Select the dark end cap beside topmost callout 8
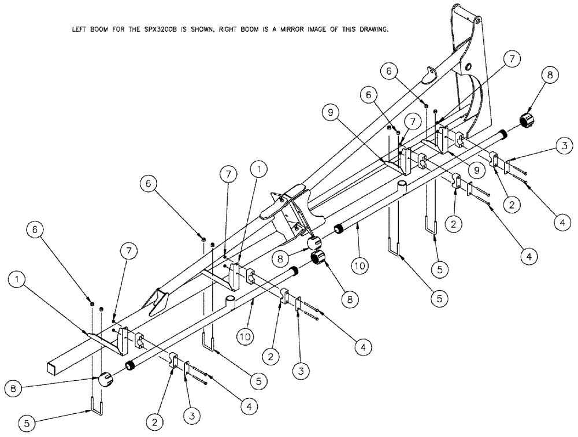click(528, 122)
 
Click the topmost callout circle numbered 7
click(510, 58)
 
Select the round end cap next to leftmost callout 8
click(105, 380)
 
